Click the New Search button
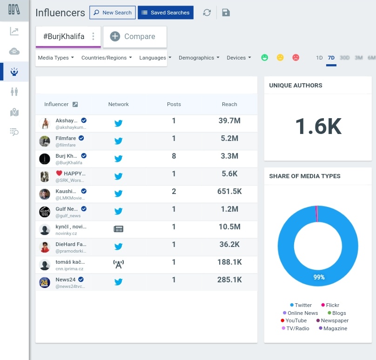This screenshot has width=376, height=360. coord(112,13)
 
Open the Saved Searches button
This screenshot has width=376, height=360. coord(166,13)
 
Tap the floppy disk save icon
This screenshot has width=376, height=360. coord(226,13)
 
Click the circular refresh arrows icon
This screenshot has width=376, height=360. coord(207,13)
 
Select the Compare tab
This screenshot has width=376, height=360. coord(134,36)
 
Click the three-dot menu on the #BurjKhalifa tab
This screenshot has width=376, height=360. coord(93,36)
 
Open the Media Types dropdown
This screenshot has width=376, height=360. coord(56,58)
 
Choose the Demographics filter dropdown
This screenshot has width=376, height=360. coord(199,58)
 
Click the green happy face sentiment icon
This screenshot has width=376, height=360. coord(265,58)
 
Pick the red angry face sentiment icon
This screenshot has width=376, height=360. coord(295,58)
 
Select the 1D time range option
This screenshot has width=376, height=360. coord(319,58)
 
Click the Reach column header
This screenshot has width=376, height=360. coord(229,104)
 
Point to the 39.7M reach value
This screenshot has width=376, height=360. coord(229,121)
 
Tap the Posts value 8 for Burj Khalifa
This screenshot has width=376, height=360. coord(174,156)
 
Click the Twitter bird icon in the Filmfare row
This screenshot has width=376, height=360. coord(119,141)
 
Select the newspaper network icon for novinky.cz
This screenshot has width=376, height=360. coord(119,229)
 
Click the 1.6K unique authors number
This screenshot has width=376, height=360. coord(318,126)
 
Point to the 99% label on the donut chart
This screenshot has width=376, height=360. coord(319,277)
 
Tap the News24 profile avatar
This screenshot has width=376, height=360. coord(45,282)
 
